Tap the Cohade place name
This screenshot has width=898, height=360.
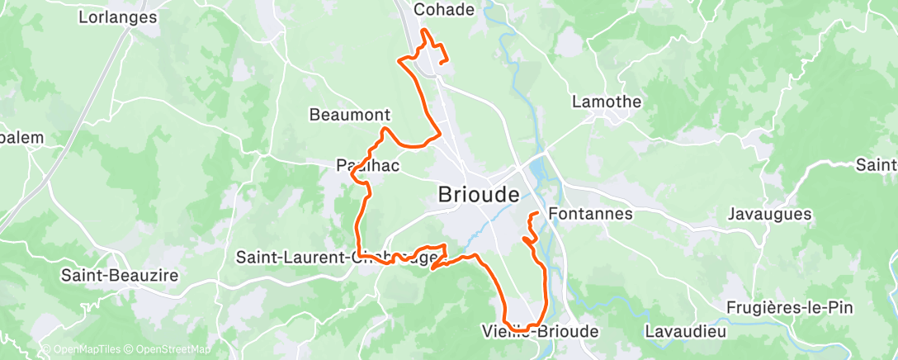click(444, 10)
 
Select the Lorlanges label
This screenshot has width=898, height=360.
click(117, 16)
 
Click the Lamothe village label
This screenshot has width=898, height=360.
click(607, 102)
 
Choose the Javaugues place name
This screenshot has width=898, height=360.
click(769, 214)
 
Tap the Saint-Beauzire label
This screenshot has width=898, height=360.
click(119, 276)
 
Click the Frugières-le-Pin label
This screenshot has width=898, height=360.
click(790, 307)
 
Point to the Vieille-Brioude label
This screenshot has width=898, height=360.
click(539, 331)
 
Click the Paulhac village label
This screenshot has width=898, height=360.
click(368, 165)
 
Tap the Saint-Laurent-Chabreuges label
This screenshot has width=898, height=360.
click(338, 257)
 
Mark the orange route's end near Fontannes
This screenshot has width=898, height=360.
click(537, 214)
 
